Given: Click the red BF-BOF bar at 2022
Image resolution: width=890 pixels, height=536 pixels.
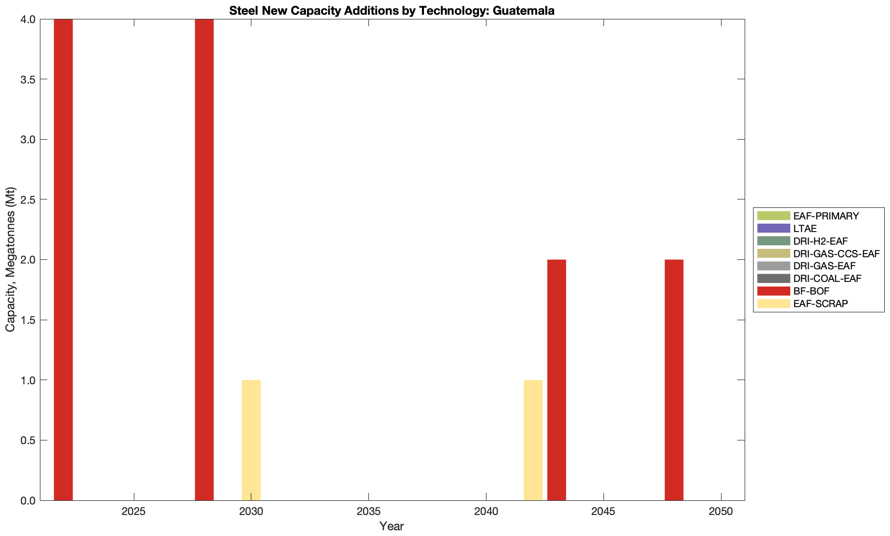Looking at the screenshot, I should coord(63,259).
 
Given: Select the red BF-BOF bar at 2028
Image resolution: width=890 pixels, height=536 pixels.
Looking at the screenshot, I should coord(204,259).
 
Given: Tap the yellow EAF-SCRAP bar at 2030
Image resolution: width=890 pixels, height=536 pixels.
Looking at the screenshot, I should coord(251,440).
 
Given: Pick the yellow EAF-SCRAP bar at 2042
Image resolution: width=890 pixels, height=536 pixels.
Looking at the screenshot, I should coord(533,440).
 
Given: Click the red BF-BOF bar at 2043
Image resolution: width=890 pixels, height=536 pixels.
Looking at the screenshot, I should coord(556,380).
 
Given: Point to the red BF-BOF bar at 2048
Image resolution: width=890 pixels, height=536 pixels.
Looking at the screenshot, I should coord(674,380).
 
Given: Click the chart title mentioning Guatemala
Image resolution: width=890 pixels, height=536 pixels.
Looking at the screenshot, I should coord(391,10).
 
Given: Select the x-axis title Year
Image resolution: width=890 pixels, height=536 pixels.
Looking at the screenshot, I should coord(391,526).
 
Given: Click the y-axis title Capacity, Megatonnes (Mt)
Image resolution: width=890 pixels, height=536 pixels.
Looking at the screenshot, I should coord(10,259).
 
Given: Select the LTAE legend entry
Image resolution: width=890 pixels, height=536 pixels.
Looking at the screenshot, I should coord(805,228).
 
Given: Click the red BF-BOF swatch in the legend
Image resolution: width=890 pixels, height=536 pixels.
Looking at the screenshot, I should coord(774,291).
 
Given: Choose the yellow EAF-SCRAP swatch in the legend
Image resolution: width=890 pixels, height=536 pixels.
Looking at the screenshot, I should coord(774,303).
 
